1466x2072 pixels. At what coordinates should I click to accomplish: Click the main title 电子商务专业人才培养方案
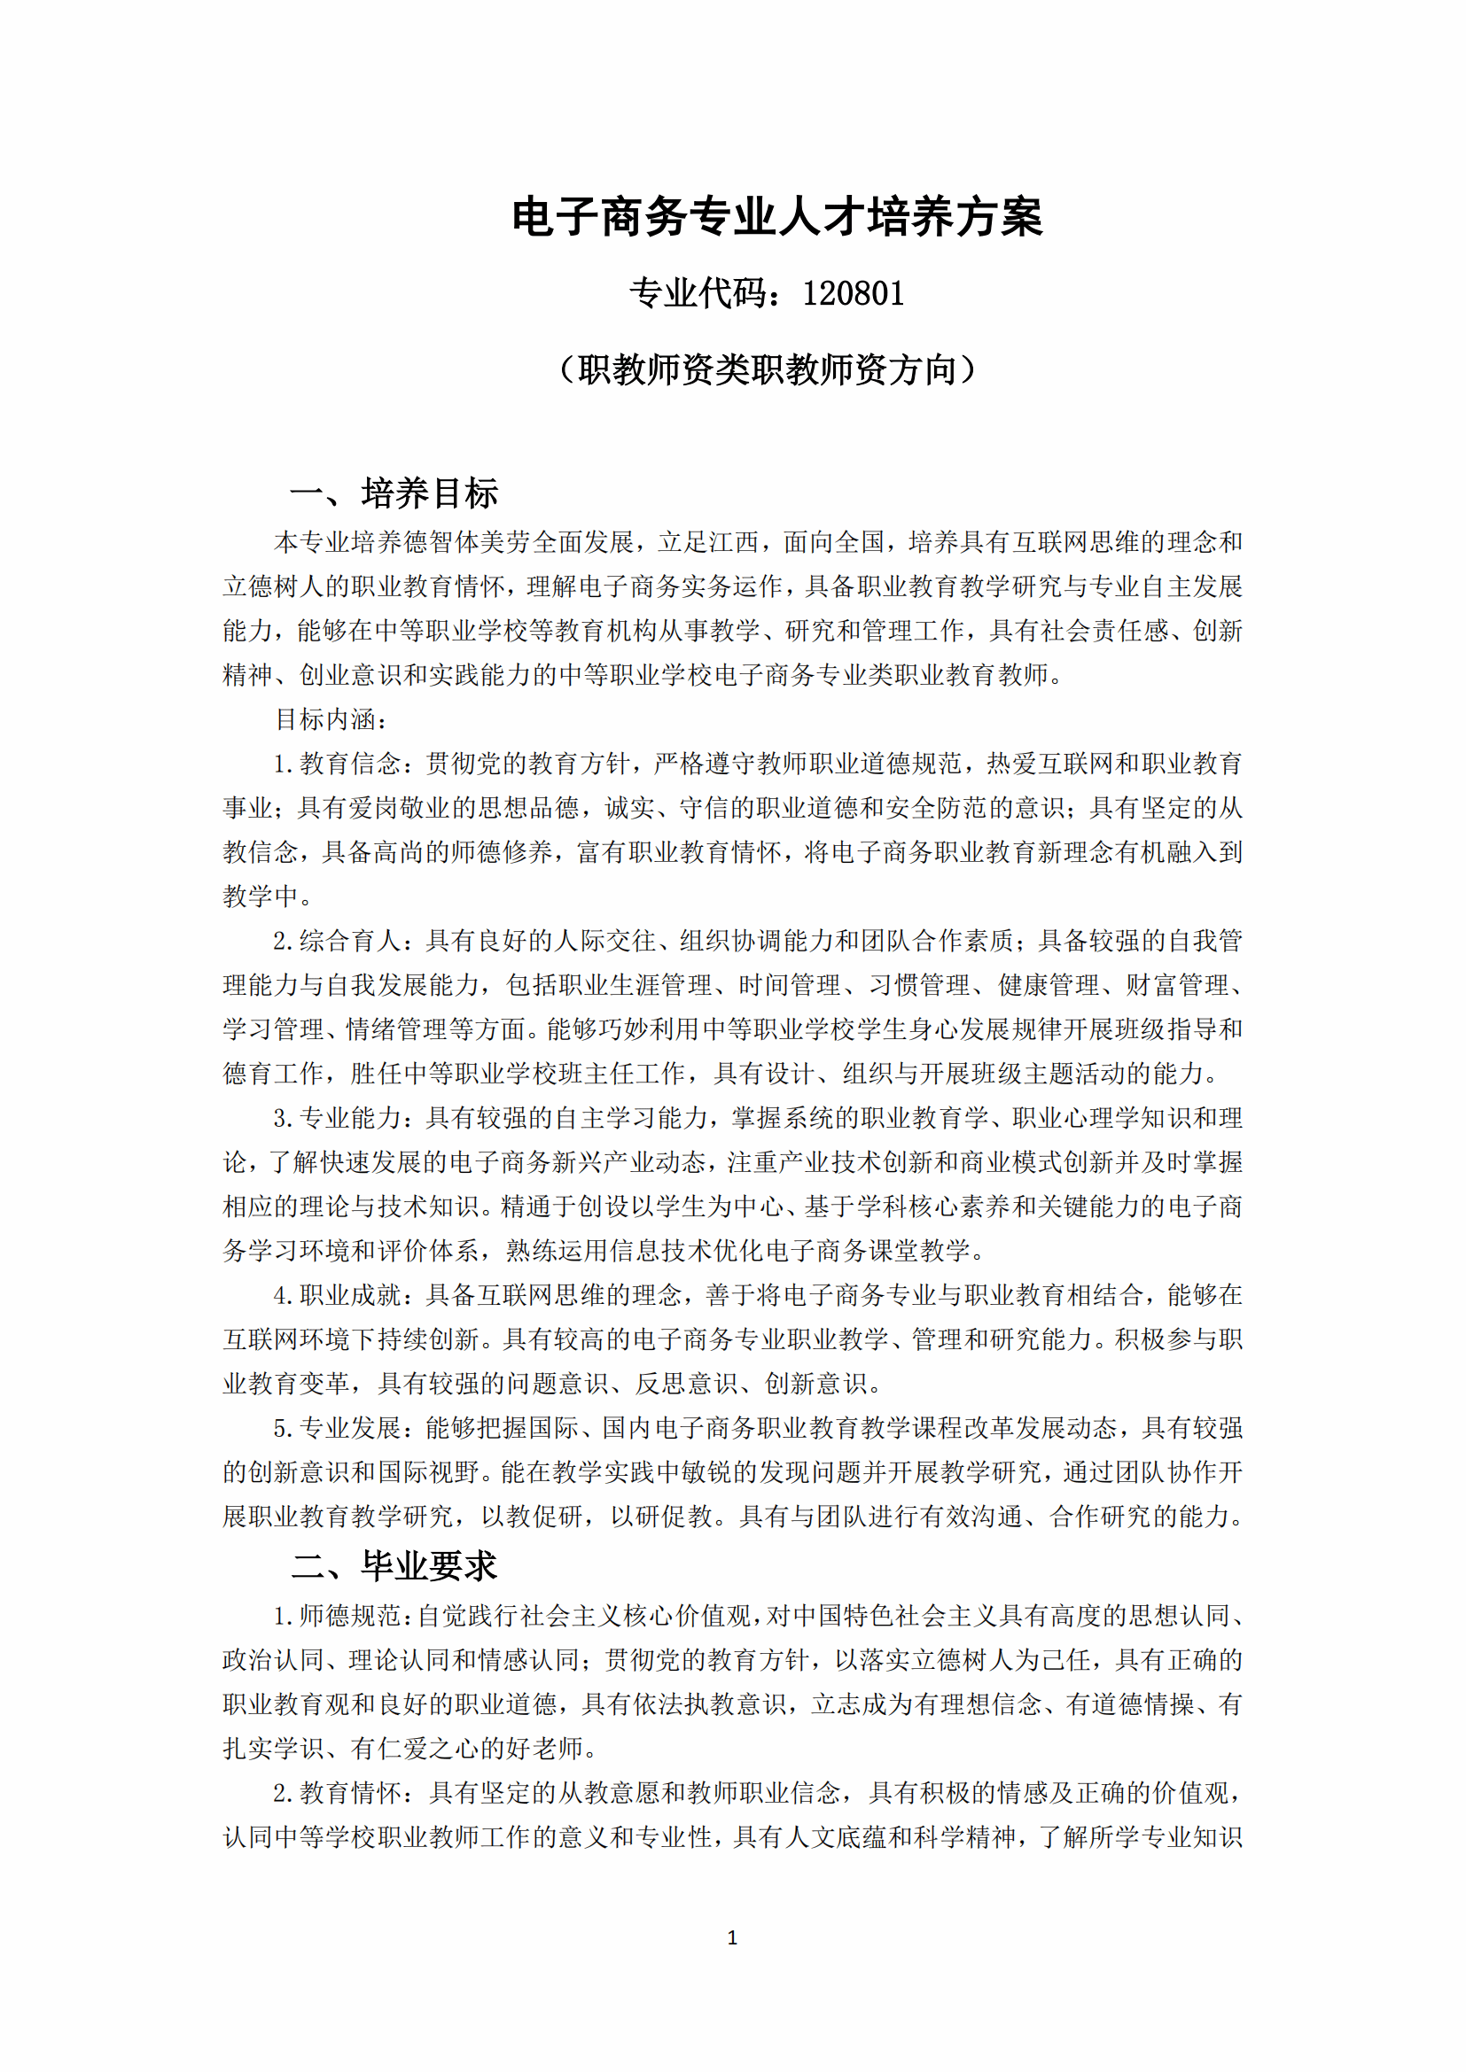point(776,218)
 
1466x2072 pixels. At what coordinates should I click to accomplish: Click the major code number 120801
point(853,294)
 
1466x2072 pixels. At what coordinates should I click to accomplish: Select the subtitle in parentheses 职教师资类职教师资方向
point(768,370)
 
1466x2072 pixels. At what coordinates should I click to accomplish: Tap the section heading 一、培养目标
point(394,493)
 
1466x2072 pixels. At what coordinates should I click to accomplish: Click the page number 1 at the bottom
point(732,1937)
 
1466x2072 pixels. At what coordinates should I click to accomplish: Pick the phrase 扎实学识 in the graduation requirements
point(273,1749)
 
